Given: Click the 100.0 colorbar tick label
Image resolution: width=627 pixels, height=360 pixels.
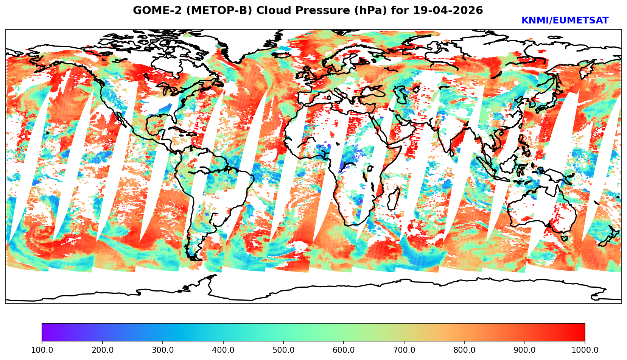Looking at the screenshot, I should [42, 350].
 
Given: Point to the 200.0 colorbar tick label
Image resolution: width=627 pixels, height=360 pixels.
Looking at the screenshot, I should [102, 350].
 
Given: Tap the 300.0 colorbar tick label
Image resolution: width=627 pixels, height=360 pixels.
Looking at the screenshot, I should [162, 350].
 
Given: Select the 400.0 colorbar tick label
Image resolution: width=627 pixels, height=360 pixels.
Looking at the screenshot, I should [223, 350].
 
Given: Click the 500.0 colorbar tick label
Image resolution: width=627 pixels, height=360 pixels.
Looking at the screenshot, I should [283, 350].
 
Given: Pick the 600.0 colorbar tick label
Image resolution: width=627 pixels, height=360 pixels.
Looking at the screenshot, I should [344, 350].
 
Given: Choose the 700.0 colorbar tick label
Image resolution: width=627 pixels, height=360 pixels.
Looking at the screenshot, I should [404, 350].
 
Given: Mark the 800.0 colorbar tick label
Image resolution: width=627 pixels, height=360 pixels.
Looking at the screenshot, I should [464, 350].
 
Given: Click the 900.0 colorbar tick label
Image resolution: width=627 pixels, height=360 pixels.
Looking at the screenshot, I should [524, 350].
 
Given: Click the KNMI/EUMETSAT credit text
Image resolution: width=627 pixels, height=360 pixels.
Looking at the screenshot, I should [565, 21].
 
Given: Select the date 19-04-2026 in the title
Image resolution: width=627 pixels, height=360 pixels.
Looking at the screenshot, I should [448, 11].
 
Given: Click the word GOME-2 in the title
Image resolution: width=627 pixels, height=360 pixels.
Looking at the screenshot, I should [152, 11].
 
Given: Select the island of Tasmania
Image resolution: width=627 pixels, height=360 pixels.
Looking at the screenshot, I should [564, 238].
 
